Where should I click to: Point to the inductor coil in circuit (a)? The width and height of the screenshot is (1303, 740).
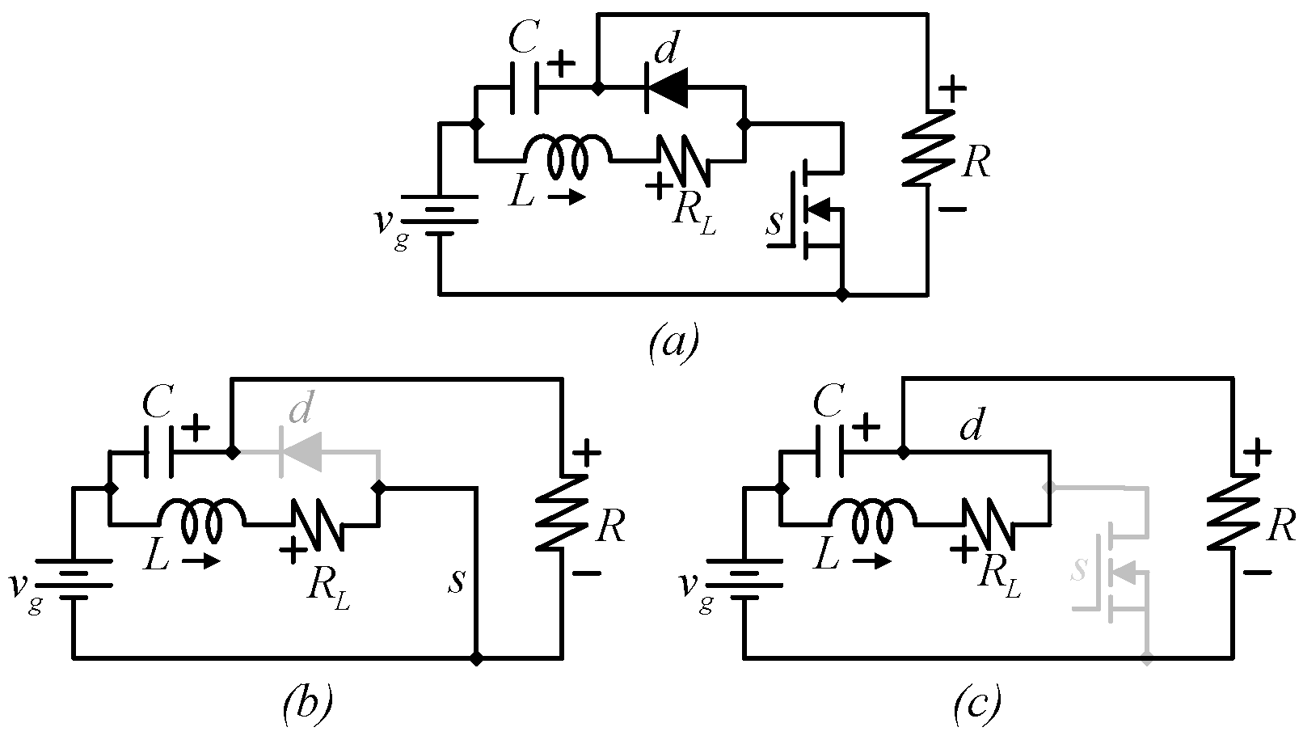(568, 155)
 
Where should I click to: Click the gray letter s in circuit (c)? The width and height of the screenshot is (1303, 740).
(1078, 570)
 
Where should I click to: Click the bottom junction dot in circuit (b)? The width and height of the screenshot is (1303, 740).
(477, 658)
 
